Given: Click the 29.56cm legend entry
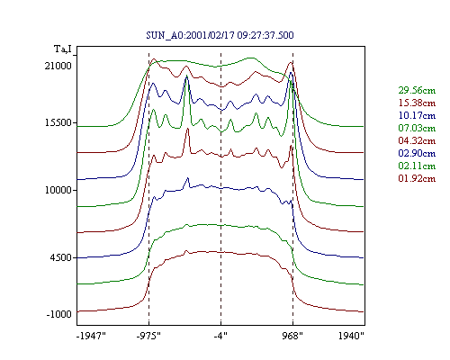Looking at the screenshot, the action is [x=417, y=90].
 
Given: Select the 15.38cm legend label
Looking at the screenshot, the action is [x=417, y=103].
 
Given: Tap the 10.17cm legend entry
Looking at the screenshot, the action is [x=417, y=115].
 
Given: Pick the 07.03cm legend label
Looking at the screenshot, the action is [x=417, y=128].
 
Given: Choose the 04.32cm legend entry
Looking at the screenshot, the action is [x=417, y=140].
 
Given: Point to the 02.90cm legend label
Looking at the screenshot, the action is [x=417, y=153].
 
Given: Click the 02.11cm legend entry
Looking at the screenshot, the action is [x=417, y=166].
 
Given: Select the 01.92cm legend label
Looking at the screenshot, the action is [x=417, y=178].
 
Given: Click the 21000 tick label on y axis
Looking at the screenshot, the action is [x=58, y=66].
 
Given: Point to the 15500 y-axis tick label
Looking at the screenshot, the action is [x=58, y=122].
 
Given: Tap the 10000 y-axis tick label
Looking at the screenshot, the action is [x=58, y=190].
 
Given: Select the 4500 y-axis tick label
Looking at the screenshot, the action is [x=61, y=257].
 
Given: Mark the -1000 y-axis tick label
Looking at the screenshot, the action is [x=59, y=314].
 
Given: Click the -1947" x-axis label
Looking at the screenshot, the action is [x=92, y=336].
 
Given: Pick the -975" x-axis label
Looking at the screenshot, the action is [x=148, y=336].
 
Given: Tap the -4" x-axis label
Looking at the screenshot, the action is [x=220, y=336].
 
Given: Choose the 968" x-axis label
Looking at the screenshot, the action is [x=292, y=336].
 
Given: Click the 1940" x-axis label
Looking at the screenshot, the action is [x=351, y=336].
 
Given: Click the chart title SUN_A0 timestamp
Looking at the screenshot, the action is [x=220, y=35].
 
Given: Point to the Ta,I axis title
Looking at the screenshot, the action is [x=63, y=49].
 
